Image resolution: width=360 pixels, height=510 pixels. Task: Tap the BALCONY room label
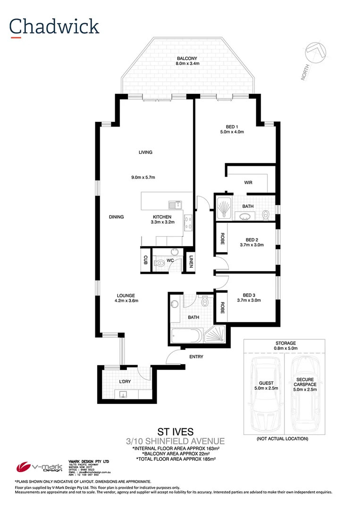187,58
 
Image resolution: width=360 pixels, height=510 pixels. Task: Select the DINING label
116,217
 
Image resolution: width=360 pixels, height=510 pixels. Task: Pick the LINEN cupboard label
191,261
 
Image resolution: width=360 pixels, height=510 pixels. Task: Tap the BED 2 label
251,239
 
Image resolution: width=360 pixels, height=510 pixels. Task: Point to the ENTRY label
196,357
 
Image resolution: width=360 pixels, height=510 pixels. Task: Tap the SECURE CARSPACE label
306,382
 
